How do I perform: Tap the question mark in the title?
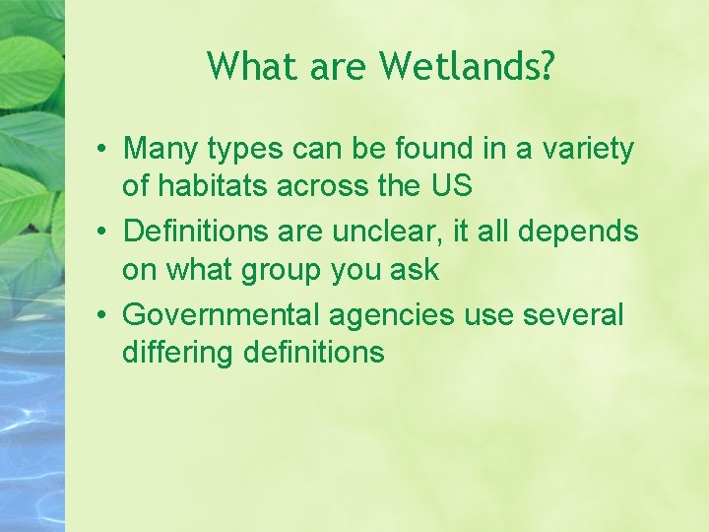(548, 66)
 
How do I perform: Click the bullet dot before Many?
(102, 150)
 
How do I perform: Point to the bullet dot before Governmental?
(102, 315)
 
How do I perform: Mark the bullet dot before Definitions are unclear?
(102, 233)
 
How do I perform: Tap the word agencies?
(392, 315)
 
